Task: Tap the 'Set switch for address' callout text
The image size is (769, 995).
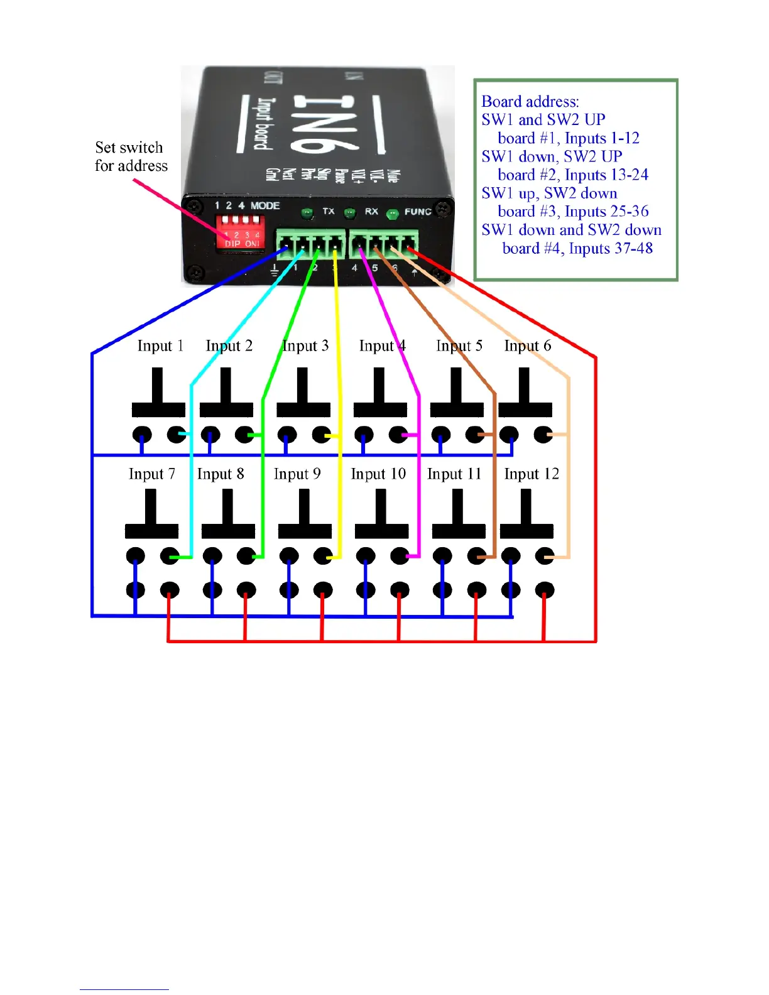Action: point(131,156)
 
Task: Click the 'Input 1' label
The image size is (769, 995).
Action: point(160,346)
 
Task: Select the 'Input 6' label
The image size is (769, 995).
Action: point(527,346)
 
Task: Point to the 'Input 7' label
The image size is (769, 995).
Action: point(151,474)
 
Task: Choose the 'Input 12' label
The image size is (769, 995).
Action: point(531,474)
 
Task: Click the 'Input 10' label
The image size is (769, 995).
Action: point(378,474)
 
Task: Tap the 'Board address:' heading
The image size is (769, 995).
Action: point(530,102)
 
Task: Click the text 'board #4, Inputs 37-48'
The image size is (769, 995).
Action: point(577,249)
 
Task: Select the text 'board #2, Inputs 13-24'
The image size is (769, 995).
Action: point(572,175)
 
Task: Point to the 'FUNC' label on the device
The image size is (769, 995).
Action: point(418,212)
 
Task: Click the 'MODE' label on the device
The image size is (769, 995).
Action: point(265,205)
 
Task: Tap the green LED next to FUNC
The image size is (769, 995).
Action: point(393,214)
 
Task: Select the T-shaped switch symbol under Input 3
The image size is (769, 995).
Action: point(303,393)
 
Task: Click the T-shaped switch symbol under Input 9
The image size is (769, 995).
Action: point(305,514)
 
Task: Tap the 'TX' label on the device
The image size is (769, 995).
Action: point(329,211)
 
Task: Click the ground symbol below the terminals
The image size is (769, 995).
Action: point(275,271)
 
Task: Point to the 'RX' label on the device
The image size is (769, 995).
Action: point(371,211)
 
